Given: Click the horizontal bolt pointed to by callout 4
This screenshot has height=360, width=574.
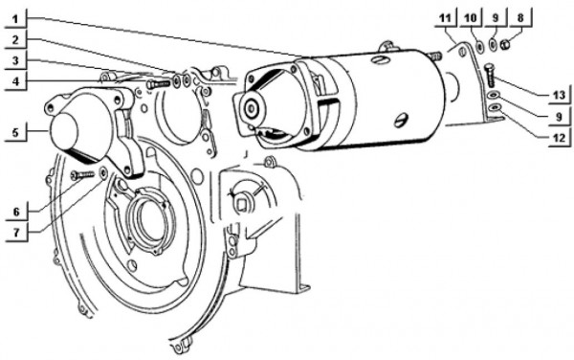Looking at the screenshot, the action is (x=157, y=84).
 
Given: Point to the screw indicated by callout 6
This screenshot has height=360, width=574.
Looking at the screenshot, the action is (x=84, y=174).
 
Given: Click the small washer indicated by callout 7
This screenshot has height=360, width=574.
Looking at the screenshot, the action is (x=103, y=173).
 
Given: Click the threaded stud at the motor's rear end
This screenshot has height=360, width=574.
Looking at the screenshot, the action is (x=433, y=56).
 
